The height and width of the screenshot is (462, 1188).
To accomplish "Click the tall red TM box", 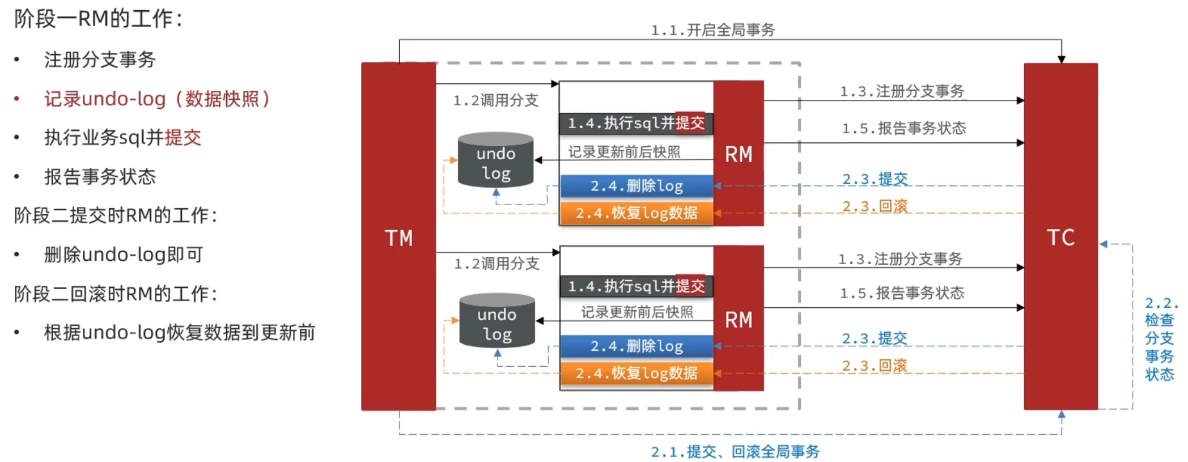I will click(398, 237).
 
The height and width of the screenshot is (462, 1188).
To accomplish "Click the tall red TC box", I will click(1060, 237).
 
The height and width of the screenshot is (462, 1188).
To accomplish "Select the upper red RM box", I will click(739, 154).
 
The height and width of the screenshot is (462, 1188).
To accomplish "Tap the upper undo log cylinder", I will click(496, 161).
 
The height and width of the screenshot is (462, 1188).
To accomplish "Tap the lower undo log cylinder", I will click(497, 322).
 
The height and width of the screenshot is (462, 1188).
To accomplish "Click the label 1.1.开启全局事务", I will click(712, 29).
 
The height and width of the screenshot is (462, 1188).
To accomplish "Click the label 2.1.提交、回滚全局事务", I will click(735, 451).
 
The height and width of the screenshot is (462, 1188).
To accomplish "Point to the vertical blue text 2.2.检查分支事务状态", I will click(1159, 339).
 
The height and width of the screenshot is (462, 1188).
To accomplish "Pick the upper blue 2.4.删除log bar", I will click(637, 186).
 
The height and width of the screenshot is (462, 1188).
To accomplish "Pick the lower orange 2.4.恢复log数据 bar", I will click(637, 373).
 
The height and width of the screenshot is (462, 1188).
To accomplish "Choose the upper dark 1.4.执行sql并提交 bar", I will click(636, 123).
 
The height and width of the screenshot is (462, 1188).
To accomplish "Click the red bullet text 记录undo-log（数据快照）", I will click(157, 99).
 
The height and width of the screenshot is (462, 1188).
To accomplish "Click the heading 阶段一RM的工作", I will click(98, 19).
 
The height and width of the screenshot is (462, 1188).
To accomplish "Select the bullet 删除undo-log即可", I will click(124, 255).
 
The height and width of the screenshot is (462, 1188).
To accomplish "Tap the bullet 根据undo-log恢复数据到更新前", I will click(179, 332).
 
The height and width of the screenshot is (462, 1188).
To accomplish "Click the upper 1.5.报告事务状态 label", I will click(903, 128).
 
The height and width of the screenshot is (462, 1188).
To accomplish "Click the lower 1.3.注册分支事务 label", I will click(900, 259).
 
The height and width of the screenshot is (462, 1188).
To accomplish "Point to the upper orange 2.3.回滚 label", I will click(875, 206).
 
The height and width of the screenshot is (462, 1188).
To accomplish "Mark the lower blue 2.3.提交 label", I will click(875, 338).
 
